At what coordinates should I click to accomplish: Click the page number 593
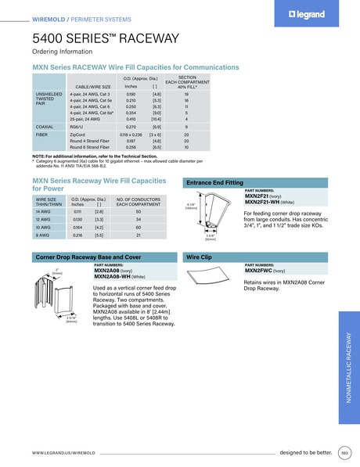click(x=344, y=453)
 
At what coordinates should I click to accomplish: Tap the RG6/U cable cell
click(x=77, y=126)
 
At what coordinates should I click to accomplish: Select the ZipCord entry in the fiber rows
click(x=77, y=135)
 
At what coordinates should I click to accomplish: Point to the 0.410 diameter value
click(x=131, y=119)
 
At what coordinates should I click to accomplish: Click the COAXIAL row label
click(x=45, y=126)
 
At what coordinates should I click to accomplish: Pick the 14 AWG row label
click(x=43, y=212)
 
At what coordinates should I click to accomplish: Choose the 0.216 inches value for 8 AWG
click(x=77, y=235)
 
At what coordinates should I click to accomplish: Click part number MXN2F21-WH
click(x=264, y=202)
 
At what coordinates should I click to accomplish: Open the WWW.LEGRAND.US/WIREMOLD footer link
click(x=63, y=453)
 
